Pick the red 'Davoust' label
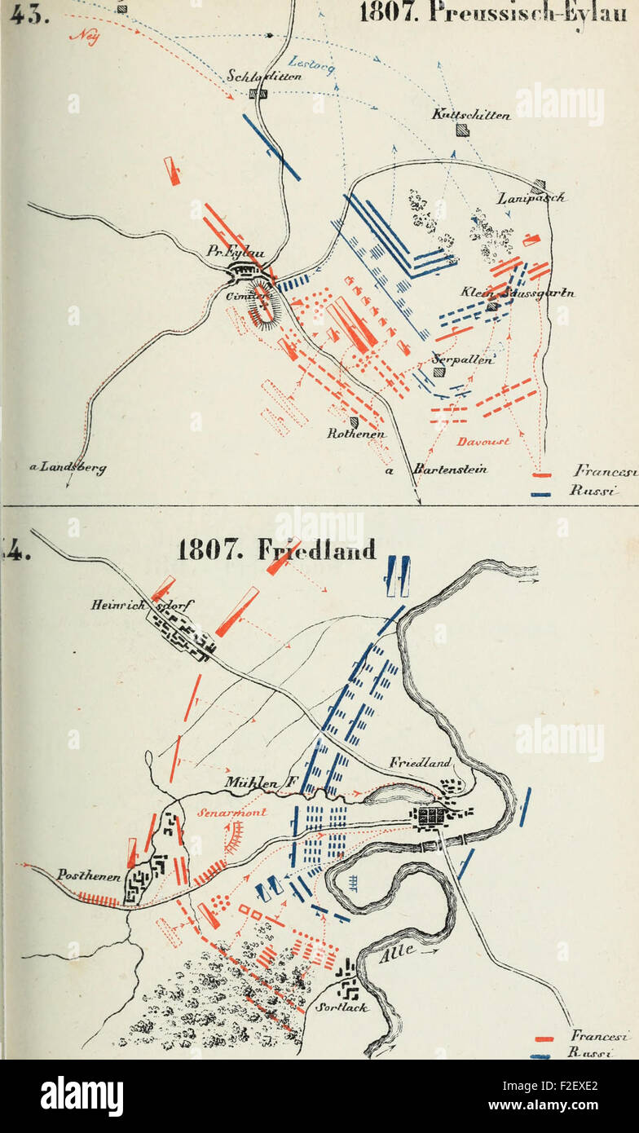pyautogui.click(x=483, y=441)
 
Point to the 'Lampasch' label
pyautogui.click(x=531, y=198)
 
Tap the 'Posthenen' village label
pyautogui.click(x=89, y=875)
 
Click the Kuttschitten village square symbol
pyautogui.click(x=462, y=130)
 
